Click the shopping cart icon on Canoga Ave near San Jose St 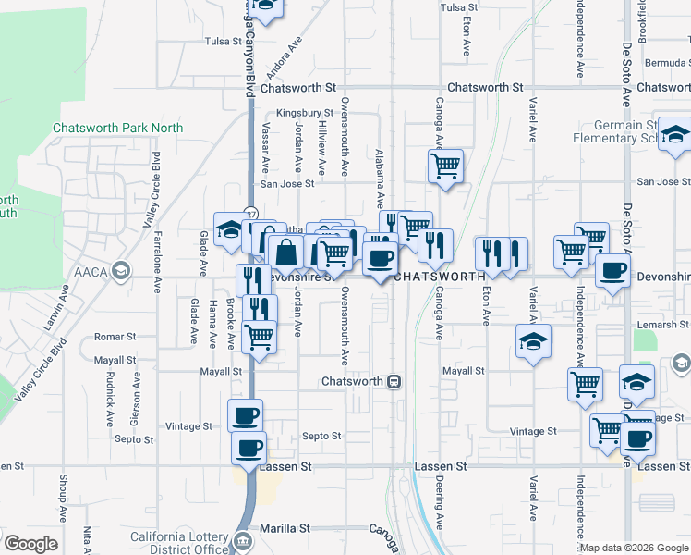pos(445,166)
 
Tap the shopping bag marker pos(286,251)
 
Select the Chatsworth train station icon pos(394,381)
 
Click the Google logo pos(30,544)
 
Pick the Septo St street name pos(321,436)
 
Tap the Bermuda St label pos(665,64)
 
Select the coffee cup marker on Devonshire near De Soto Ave pos(613,271)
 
